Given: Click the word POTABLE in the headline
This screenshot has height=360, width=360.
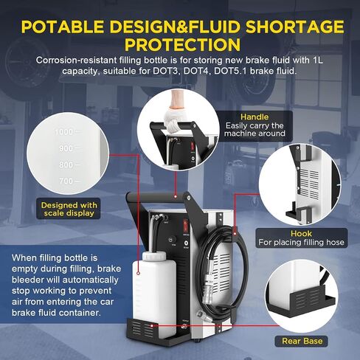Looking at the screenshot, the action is coord(63,27).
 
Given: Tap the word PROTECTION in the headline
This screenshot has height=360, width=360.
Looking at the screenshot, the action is coord(182,44).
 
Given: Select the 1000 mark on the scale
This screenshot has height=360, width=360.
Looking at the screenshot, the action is coord(64,132).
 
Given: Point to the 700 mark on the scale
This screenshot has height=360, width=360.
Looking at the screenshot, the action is coord(66,181).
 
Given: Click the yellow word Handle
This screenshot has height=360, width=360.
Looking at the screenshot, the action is coord(255,117).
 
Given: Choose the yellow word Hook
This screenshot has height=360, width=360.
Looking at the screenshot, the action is coord(301,233).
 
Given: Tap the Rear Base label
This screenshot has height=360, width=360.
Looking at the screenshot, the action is coord(302,341).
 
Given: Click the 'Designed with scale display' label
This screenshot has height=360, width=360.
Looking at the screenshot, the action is coord(69,209).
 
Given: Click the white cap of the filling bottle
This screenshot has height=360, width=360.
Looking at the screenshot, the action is coord(154,256).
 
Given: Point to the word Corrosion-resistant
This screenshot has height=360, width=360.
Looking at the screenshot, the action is coord(77,60).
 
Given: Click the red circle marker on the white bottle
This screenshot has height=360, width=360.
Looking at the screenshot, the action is coord(138,273).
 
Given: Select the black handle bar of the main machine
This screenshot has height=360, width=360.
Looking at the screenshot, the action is coord(157,197).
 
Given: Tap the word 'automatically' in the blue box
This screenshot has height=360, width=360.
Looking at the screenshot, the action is coord(90,280).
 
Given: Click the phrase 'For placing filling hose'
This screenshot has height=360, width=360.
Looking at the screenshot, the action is coord(301,243).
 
